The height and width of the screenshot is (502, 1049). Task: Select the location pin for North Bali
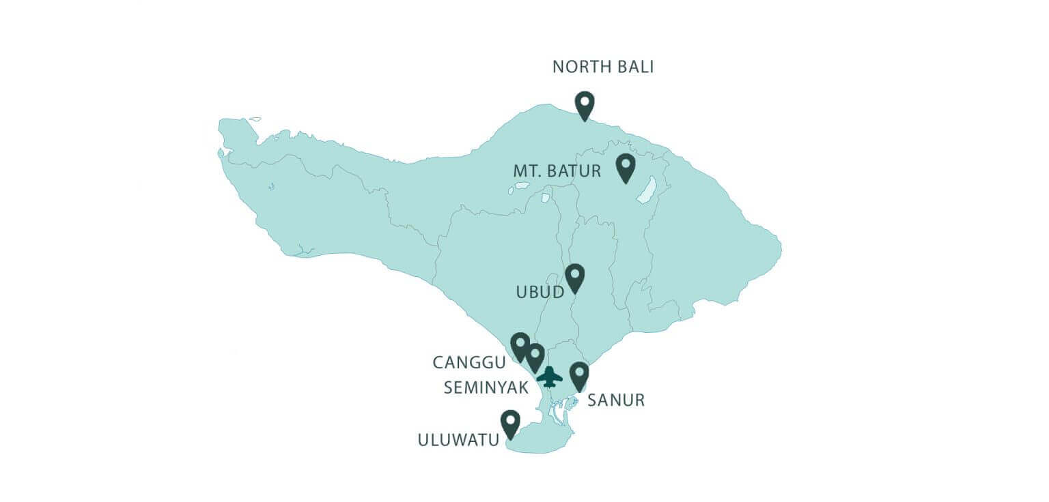[x=585, y=104]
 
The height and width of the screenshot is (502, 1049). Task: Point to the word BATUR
[x=577, y=171]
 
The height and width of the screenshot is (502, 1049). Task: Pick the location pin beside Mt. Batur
[x=625, y=167]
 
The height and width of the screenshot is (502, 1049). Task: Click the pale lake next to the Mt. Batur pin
[x=647, y=190]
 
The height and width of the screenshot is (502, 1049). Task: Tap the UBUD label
[x=540, y=293]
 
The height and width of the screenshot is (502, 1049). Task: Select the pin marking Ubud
[x=575, y=277]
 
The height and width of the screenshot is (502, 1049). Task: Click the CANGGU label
[x=471, y=362]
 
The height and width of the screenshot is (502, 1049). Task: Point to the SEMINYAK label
[x=486, y=387]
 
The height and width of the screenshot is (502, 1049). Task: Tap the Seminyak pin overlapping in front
[x=535, y=356]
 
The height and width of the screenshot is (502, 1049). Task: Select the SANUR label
[x=616, y=400]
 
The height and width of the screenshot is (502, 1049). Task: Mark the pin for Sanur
[x=579, y=375]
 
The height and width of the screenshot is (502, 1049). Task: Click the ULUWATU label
[x=458, y=441]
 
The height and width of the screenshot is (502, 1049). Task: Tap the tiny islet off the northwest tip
[x=255, y=119]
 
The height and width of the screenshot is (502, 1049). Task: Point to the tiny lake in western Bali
[x=272, y=186]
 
